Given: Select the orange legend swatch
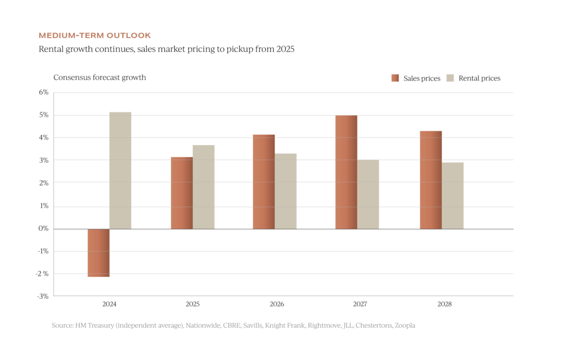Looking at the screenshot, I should [x=395, y=78].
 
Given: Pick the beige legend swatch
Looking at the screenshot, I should [x=450, y=78].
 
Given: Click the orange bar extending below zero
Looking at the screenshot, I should [x=98, y=253].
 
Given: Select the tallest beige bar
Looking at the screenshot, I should [x=120, y=170].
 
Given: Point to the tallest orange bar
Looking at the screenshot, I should [x=346, y=172].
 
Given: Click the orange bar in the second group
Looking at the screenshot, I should [x=181, y=193].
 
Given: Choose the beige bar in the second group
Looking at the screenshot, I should [x=203, y=187].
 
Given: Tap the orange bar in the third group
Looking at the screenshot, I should [x=263, y=182].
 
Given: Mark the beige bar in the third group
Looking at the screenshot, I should [x=285, y=191].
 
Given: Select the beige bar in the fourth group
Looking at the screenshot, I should [x=368, y=195].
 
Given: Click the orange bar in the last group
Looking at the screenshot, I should [x=430, y=179].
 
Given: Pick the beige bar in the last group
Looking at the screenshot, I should [x=452, y=196].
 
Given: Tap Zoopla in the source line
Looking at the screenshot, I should [x=405, y=325].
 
